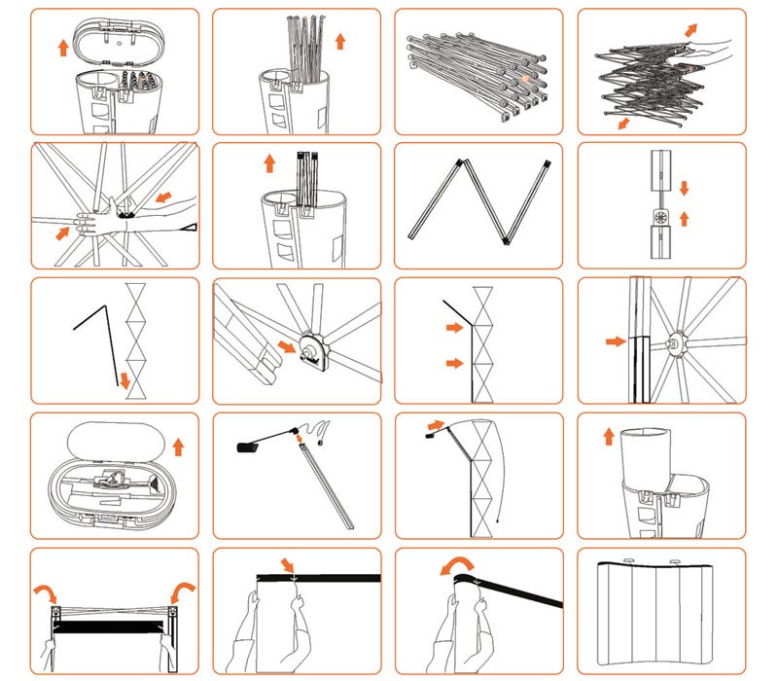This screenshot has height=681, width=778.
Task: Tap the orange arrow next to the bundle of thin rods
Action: pyautogui.click(x=339, y=41)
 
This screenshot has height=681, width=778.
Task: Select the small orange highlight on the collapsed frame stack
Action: pyautogui.click(x=524, y=77)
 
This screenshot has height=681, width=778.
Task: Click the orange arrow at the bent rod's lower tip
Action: pyautogui.click(x=124, y=378)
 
